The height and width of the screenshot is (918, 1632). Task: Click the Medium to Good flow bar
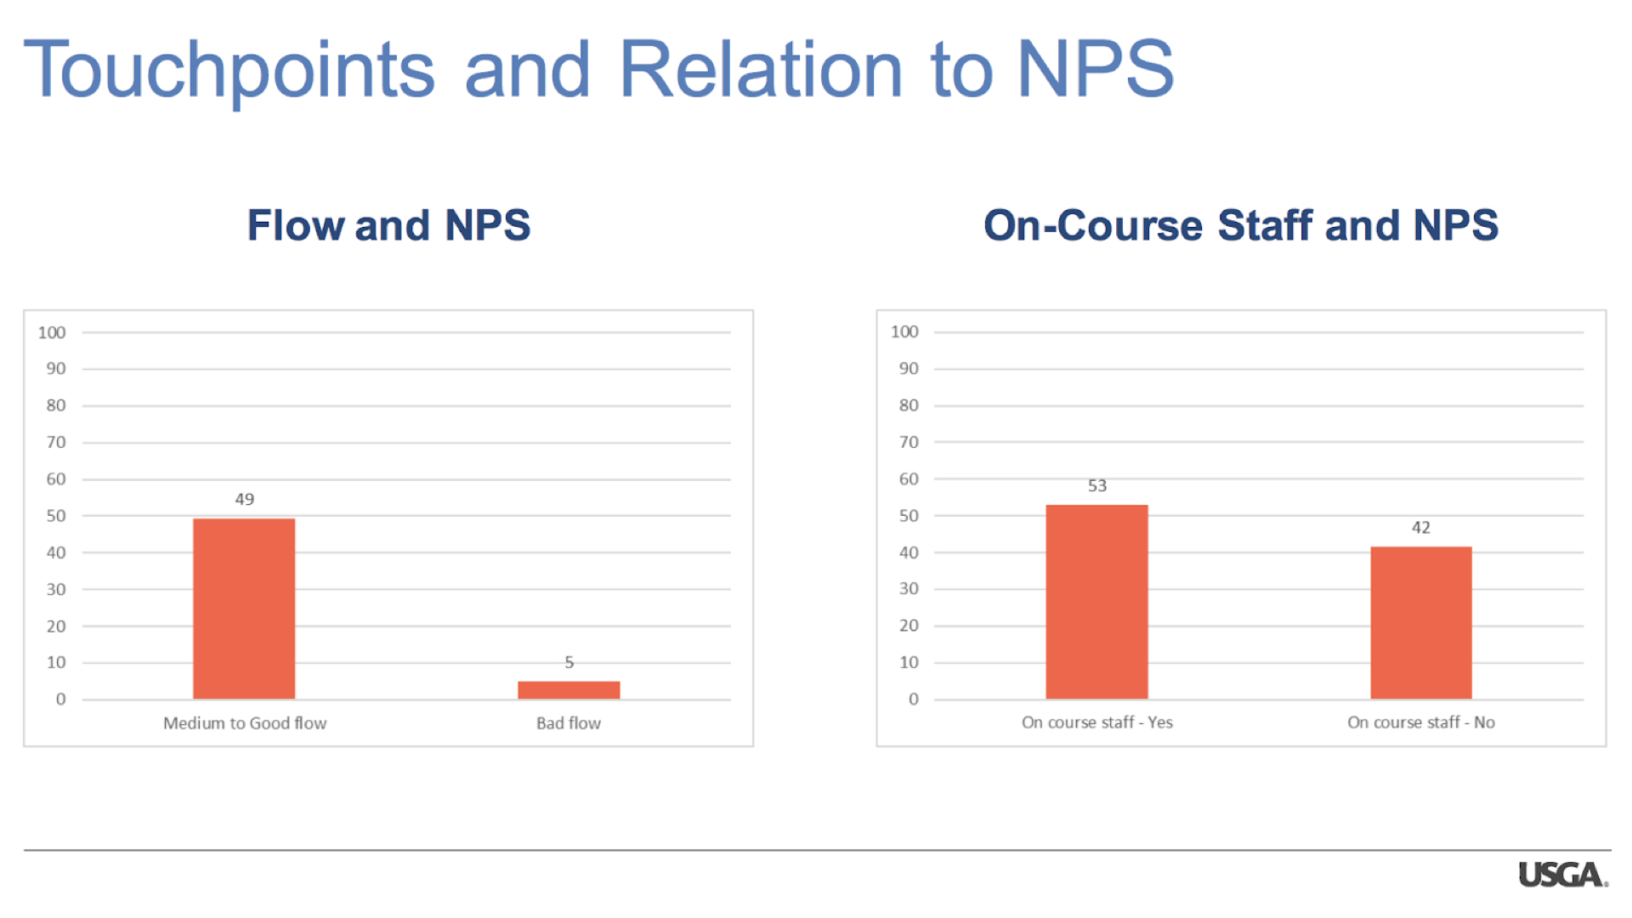tap(244, 609)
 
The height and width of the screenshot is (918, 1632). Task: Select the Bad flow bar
tap(569, 690)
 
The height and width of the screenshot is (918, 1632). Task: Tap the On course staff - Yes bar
tap(1096, 602)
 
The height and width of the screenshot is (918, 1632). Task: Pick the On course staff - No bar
tap(1421, 623)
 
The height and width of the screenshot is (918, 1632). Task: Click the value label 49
tap(245, 499)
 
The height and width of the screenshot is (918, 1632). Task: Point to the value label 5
tap(569, 662)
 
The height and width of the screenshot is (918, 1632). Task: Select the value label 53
tap(1097, 485)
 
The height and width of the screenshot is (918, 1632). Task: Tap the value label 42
tap(1421, 527)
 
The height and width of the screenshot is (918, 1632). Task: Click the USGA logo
tap(1563, 875)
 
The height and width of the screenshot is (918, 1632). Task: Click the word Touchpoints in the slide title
tap(229, 71)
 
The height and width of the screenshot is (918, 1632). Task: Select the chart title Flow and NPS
tap(388, 225)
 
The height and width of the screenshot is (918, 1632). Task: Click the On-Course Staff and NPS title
tap(1241, 225)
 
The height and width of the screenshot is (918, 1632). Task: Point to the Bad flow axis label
tap(569, 722)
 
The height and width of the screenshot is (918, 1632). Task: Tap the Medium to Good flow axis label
tap(245, 722)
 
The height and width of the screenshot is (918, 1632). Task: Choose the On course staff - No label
tap(1421, 722)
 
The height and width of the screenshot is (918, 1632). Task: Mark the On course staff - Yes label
tap(1097, 722)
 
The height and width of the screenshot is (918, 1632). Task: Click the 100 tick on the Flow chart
tap(52, 332)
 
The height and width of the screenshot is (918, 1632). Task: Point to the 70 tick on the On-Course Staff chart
tap(909, 442)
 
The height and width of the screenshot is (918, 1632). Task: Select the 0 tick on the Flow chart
tap(60, 699)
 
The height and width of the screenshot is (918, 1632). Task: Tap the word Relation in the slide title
tap(761, 69)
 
